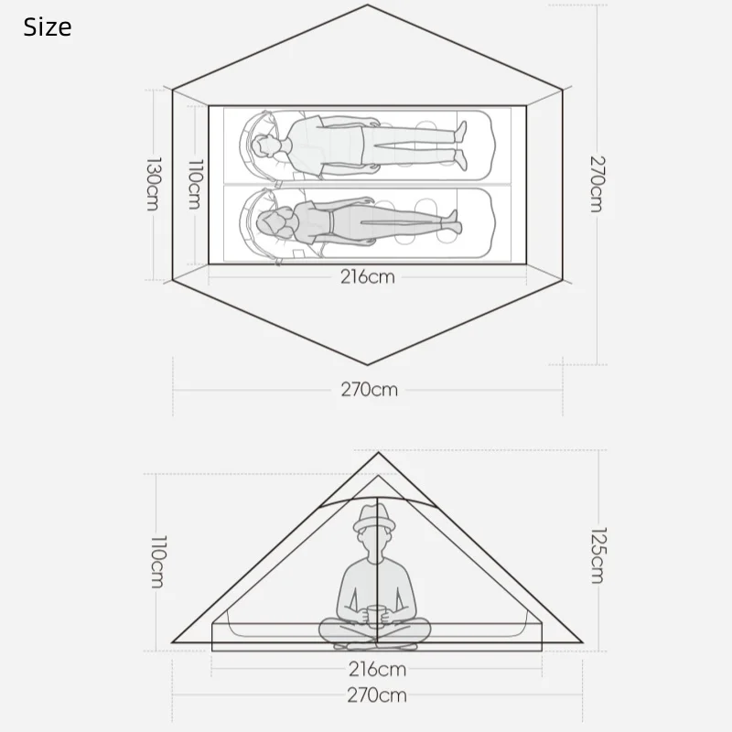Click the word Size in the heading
pyautogui.click(x=48, y=27)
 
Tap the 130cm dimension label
pyautogui.click(x=153, y=184)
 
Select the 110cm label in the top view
pyautogui.click(x=196, y=184)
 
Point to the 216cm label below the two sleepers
pyautogui.click(x=368, y=277)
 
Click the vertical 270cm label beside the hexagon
pyautogui.click(x=597, y=184)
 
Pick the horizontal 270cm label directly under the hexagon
pyautogui.click(x=370, y=390)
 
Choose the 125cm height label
pyautogui.click(x=598, y=555)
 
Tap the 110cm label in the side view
pyautogui.click(x=157, y=561)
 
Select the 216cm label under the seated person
pyautogui.click(x=377, y=670)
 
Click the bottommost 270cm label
pyautogui.click(x=377, y=695)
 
